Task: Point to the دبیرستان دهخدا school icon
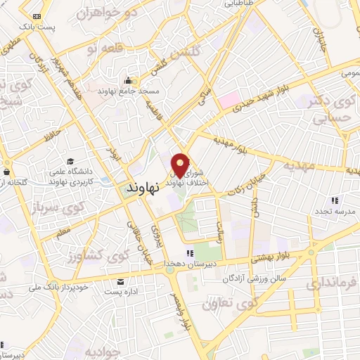(x=188, y=252)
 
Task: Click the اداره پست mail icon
(x=122, y=281)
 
